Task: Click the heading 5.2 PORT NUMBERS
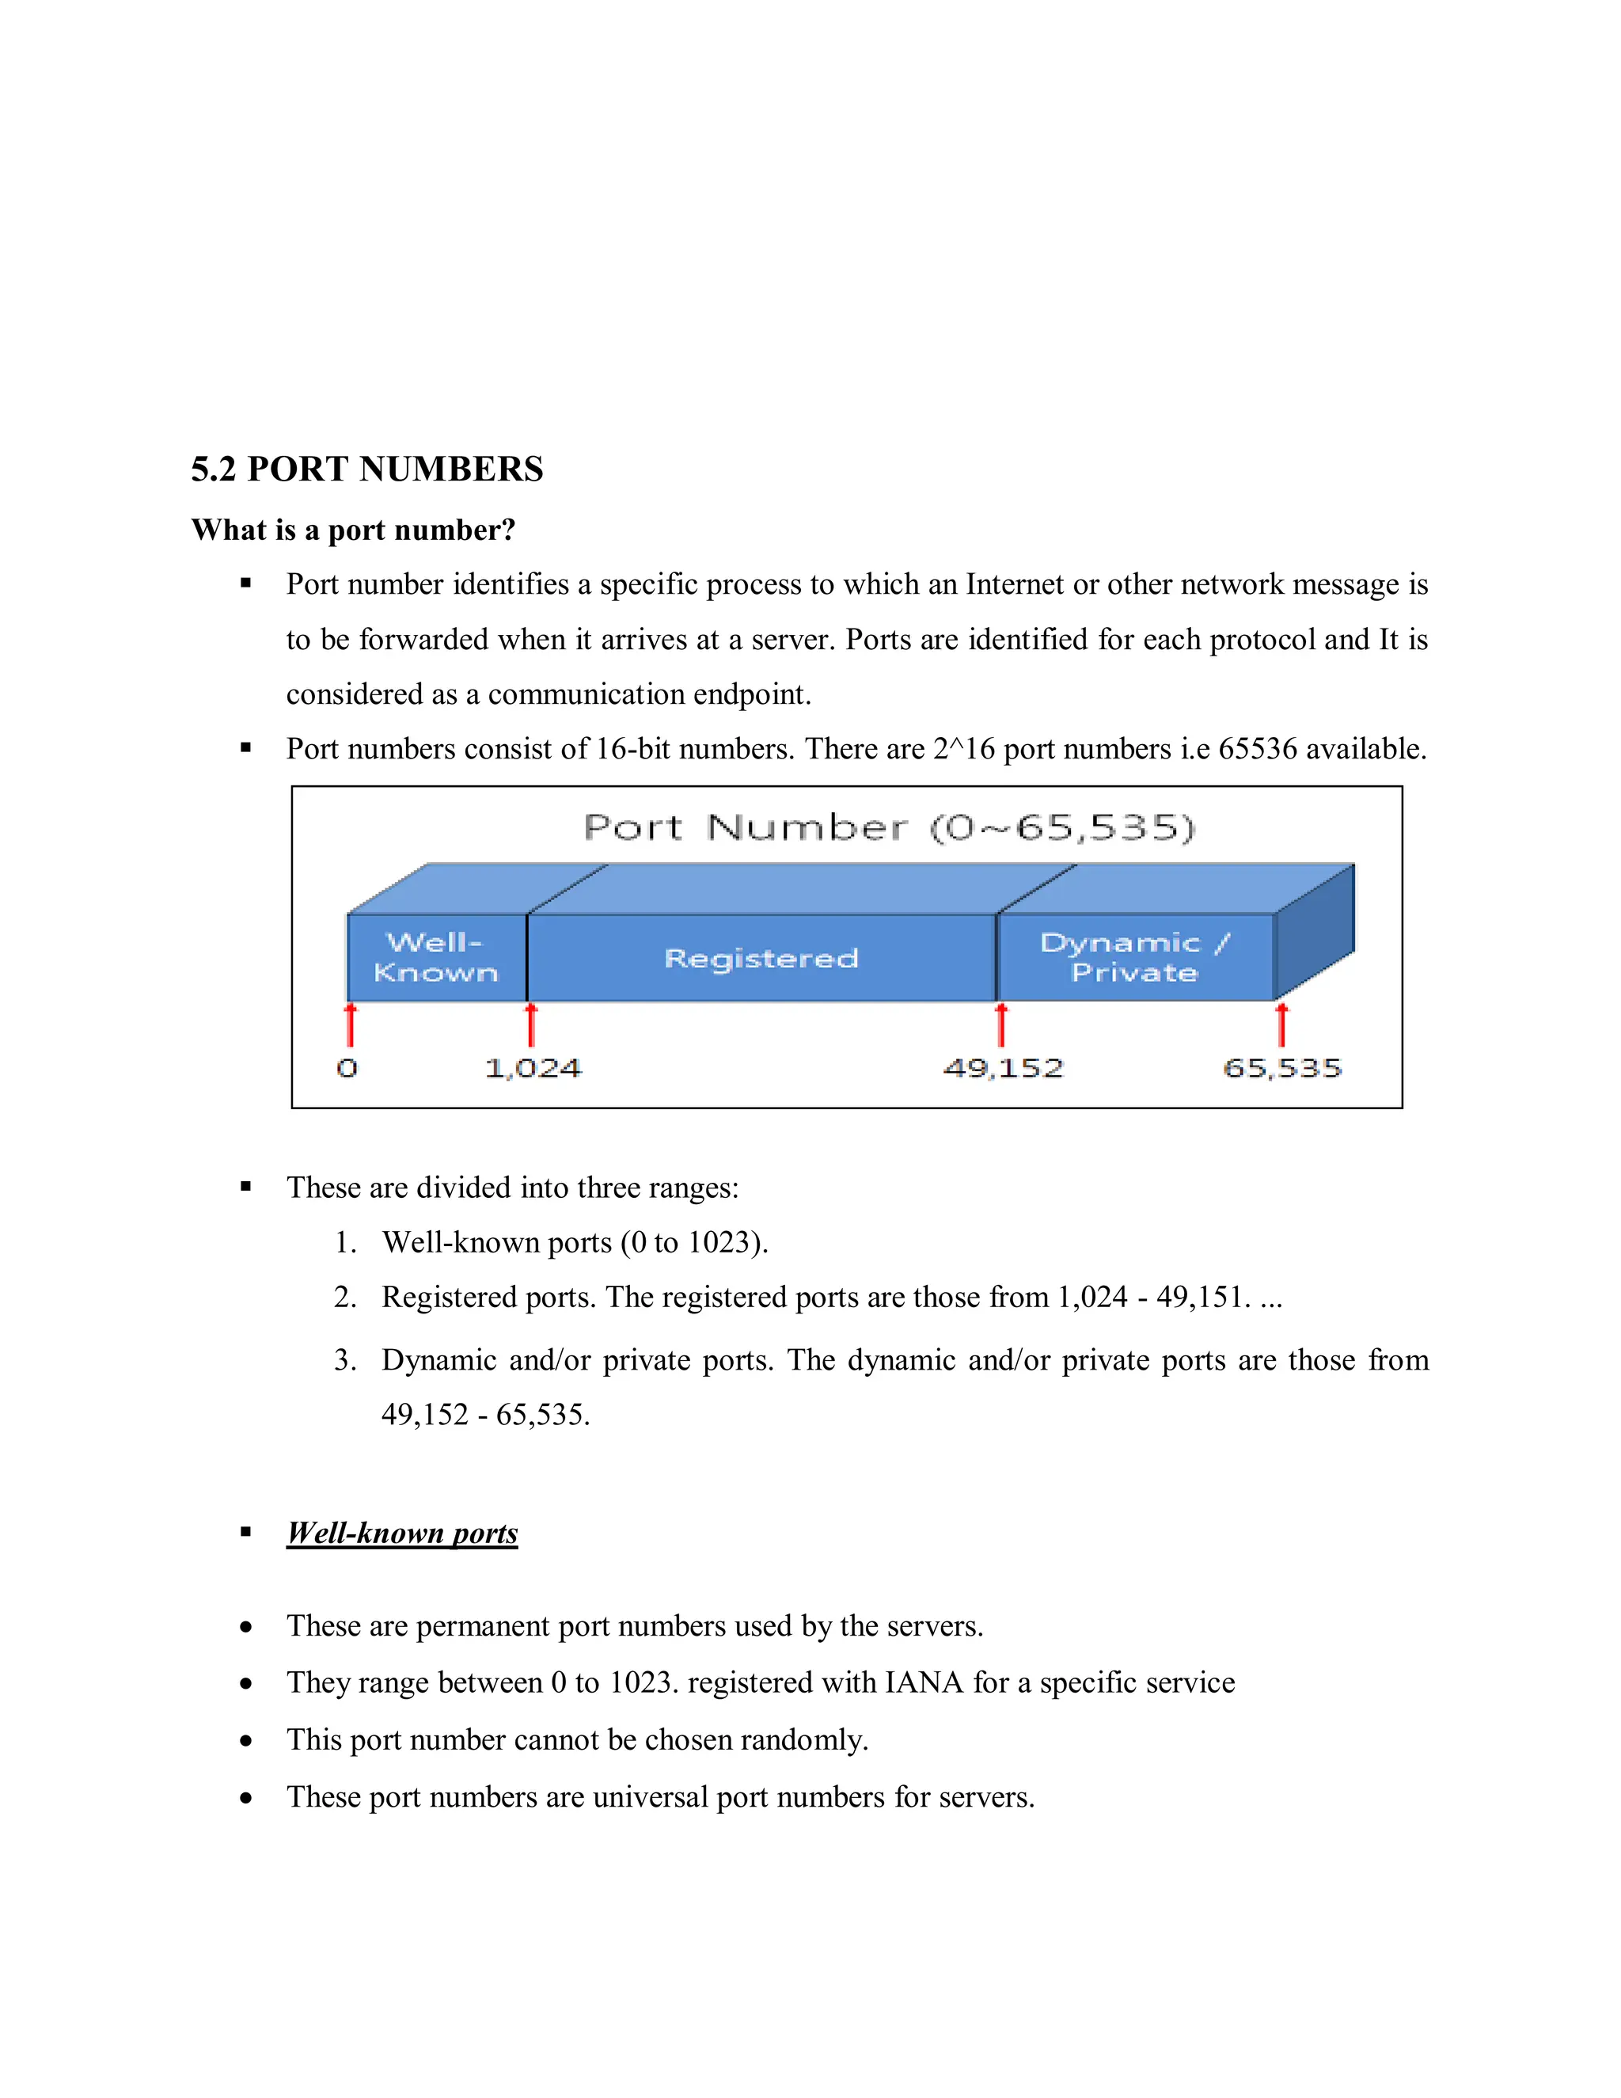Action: (x=366, y=469)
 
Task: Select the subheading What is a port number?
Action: (x=353, y=530)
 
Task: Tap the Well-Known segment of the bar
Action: (x=436, y=957)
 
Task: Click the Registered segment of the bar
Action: (x=761, y=958)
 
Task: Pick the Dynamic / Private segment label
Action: (x=1134, y=957)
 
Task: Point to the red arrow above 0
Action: (x=351, y=1024)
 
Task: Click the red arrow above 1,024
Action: (x=531, y=1024)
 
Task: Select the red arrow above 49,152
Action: (x=1000, y=1024)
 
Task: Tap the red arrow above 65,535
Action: (x=1281, y=1024)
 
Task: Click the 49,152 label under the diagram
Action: (x=1004, y=1068)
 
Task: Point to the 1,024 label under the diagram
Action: (x=533, y=1068)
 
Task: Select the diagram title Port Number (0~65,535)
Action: (x=889, y=827)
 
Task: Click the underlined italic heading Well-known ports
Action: (x=402, y=1534)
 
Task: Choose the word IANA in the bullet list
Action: (x=923, y=1682)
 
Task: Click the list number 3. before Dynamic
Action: (x=345, y=1360)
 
